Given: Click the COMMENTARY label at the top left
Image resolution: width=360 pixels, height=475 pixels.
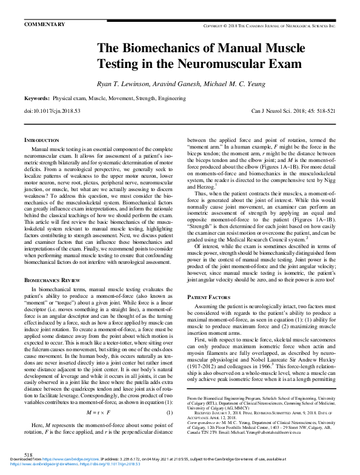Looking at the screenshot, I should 44,24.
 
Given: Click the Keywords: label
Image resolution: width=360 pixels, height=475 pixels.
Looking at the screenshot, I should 36,98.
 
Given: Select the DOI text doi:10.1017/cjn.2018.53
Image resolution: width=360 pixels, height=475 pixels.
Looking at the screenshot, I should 52,112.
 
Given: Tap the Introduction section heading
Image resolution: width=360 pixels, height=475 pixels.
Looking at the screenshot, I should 41,140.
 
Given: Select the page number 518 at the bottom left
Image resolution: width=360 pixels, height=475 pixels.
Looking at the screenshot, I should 28,454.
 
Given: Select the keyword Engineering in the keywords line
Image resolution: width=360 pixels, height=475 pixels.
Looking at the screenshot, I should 168,98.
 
